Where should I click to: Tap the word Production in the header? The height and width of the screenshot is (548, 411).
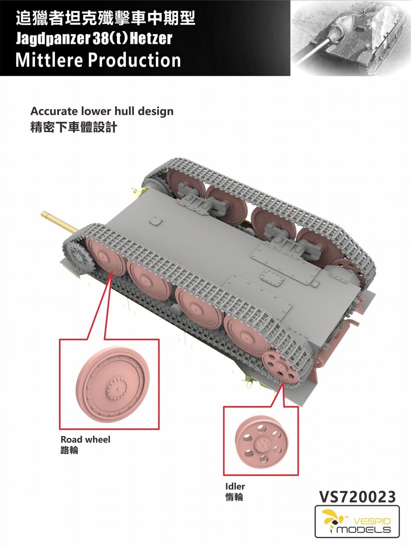pyautogui.click(x=134, y=60)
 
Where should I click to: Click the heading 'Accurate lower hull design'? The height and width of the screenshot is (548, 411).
pyautogui.click(x=102, y=111)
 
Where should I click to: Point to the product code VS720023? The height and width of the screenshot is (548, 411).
pyautogui.click(x=358, y=496)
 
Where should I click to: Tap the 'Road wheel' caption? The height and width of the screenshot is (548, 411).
pyautogui.click(x=85, y=439)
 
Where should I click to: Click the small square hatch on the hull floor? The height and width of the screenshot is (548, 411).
pyautogui.click(x=156, y=221)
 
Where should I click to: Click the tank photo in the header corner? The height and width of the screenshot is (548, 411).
pyautogui.click(x=351, y=38)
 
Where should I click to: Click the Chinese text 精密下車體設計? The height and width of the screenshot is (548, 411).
pyautogui.click(x=74, y=127)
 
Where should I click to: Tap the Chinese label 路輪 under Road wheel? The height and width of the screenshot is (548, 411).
pyautogui.click(x=69, y=450)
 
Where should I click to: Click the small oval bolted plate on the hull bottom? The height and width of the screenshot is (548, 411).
pyautogui.click(x=273, y=277)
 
